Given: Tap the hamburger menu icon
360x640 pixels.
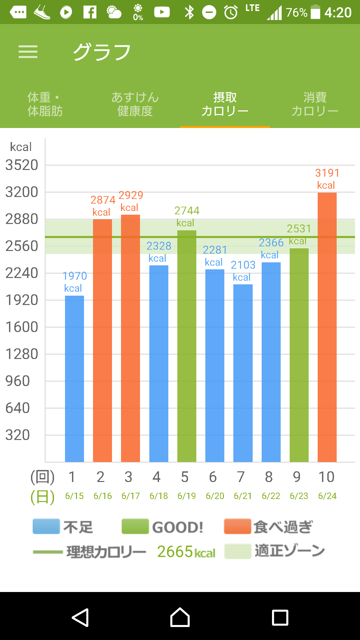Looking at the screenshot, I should coord(28,52).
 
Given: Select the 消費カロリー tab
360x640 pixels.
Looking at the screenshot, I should coord(315,104).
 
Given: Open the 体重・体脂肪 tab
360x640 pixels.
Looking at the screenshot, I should coord(45,104).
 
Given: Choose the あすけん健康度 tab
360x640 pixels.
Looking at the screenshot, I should coord(135,104).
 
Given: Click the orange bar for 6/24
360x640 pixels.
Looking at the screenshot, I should coord(327,327).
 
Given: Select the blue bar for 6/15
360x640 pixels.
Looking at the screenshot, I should coord(74,378).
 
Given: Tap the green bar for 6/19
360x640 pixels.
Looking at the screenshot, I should coord(187,347).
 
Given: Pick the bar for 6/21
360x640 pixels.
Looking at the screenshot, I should coord(243,373).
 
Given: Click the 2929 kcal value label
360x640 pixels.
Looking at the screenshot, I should coord(131,201).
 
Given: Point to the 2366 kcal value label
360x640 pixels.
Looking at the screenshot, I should coord(271,248).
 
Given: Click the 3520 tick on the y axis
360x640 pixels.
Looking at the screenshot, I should coord(22,165).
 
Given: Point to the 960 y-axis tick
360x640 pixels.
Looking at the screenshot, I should coord(18,381).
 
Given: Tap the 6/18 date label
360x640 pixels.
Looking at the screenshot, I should coord(159,496).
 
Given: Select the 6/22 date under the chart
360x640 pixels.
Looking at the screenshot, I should coord(271,496).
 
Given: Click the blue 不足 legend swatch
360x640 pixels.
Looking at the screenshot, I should coord(46,527).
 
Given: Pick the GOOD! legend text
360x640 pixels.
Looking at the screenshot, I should coord(178,527).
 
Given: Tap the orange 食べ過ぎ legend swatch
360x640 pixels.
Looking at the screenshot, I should coord(237,527).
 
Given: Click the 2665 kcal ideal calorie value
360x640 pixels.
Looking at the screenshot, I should coord(186,552).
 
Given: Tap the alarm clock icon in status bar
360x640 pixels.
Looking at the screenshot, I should coord(231,13).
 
